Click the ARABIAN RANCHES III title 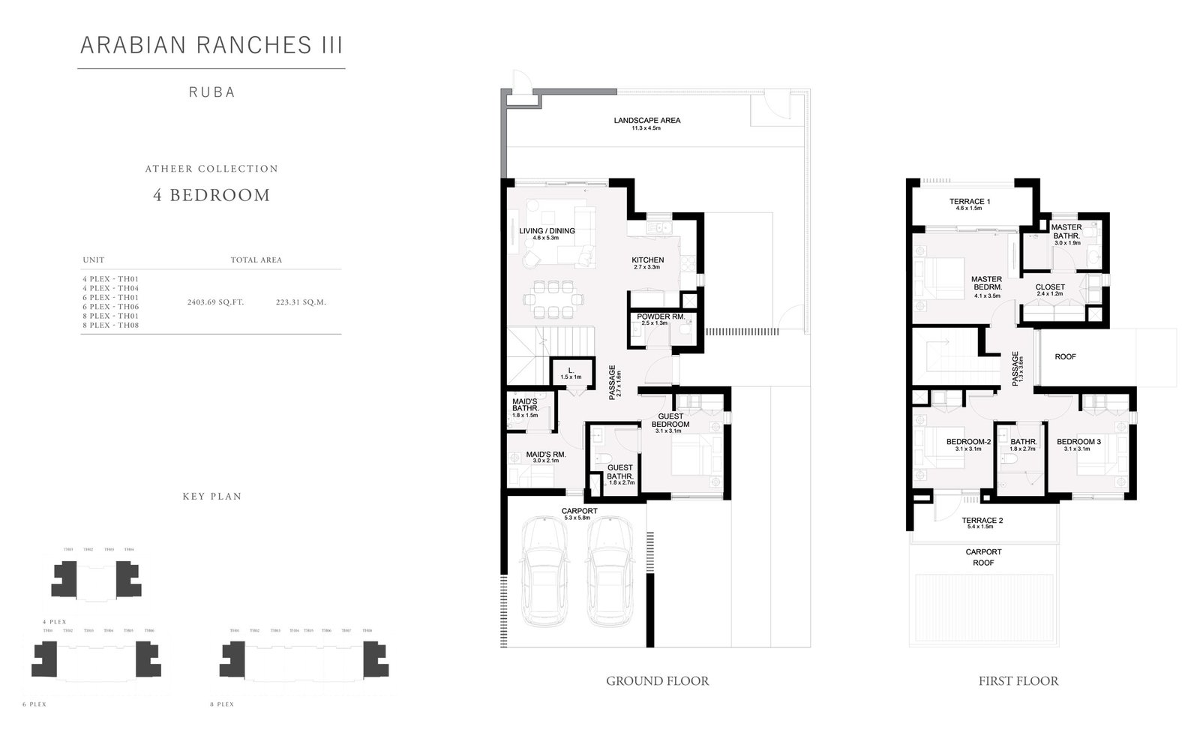pyautogui.click(x=211, y=45)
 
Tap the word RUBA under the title pyautogui.click(x=211, y=92)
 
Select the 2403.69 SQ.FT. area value pyautogui.click(x=215, y=302)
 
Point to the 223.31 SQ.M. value pyautogui.click(x=301, y=302)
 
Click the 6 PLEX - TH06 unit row pyautogui.click(x=111, y=307)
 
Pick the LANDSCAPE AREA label pyautogui.click(x=646, y=120)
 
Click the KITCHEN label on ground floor pyautogui.click(x=647, y=260)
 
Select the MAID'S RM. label pyautogui.click(x=545, y=454)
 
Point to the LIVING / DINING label pyautogui.click(x=547, y=231)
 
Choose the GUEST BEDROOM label pyautogui.click(x=670, y=420)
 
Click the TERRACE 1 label pyautogui.click(x=970, y=202)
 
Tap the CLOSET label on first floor pyautogui.click(x=1050, y=287)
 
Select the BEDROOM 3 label pyautogui.click(x=1078, y=442)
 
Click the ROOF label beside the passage pyautogui.click(x=1065, y=357)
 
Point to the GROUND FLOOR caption pyautogui.click(x=657, y=681)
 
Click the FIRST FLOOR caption pyautogui.click(x=1018, y=681)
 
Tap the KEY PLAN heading pyautogui.click(x=211, y=497)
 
